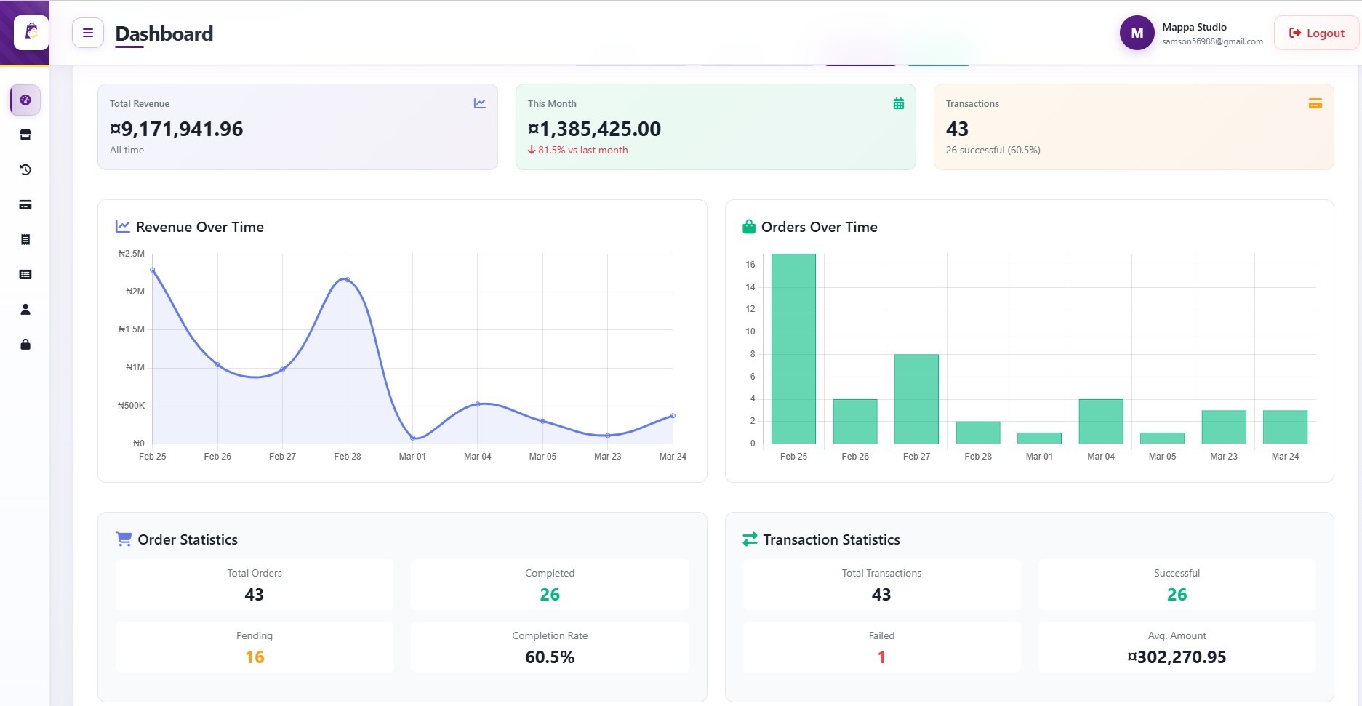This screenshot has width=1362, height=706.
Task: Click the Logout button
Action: point(1316,33)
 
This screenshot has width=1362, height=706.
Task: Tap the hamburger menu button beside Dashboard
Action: point(88,33)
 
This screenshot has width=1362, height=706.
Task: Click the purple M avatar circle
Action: point(1137,33)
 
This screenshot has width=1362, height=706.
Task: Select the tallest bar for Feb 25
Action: point(793,349)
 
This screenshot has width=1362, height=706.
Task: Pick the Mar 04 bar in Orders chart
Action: point(1100,421)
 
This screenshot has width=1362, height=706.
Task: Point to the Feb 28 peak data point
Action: point(348,280)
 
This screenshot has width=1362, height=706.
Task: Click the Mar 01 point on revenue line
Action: point(412,438)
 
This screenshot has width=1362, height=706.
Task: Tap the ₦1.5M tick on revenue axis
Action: point(132,329)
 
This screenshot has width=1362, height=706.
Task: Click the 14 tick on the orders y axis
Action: point(750,287)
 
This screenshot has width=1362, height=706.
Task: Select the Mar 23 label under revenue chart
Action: point(607,457)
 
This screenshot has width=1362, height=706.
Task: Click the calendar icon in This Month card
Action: point(899,103)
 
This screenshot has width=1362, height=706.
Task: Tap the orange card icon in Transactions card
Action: point(1315,103)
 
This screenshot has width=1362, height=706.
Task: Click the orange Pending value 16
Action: point(255,657)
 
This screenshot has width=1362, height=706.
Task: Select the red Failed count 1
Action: point(881,657)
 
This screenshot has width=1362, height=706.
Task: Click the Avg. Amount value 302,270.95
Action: point(1177,657)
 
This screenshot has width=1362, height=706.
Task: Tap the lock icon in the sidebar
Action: point(25,345)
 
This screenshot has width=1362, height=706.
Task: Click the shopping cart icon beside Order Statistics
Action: point(124,539)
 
